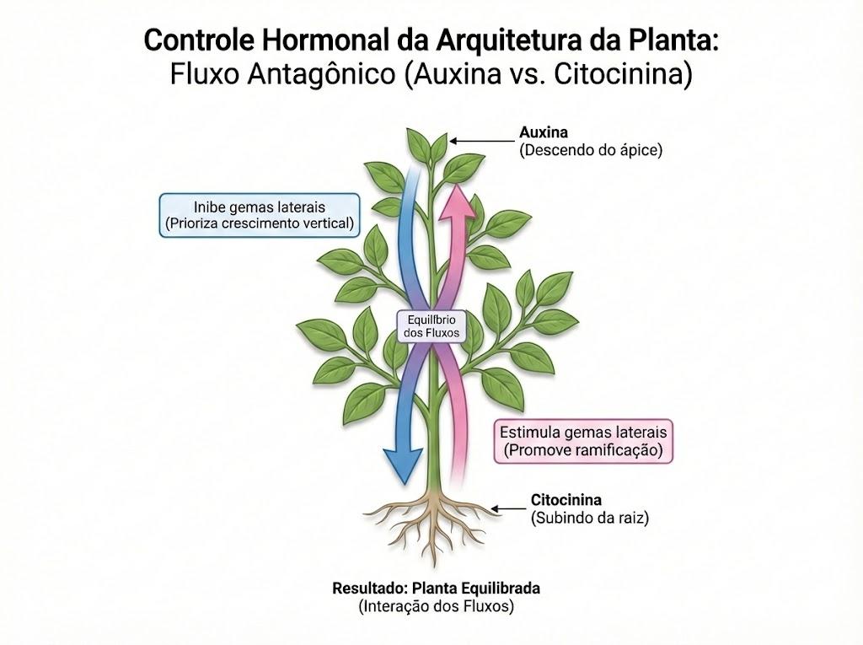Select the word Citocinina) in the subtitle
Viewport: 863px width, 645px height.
[x=623, y=74]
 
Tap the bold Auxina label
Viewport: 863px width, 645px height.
[x=544, y=132]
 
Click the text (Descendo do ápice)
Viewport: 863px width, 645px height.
[x=591, y=150]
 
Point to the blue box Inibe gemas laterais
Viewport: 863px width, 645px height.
[x=260, y=215]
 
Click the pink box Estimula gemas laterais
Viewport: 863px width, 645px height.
[x=583, y=441]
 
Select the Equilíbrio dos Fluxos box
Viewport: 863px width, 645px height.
[x=431, y=326]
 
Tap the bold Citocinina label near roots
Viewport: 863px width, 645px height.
[x=566, y=500]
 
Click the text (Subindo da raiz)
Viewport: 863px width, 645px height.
[x=589, y=518]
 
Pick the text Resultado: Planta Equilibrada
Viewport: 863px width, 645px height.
[x=436, y=589]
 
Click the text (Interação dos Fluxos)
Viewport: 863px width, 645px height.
[x=436, y=606]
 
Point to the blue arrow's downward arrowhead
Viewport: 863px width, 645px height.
[x=405, y=461]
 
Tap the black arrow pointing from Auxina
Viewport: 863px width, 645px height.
[x=481, y=141]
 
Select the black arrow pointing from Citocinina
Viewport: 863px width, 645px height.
[x=508, y=509]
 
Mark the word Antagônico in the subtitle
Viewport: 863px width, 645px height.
[x=321, y=74]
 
